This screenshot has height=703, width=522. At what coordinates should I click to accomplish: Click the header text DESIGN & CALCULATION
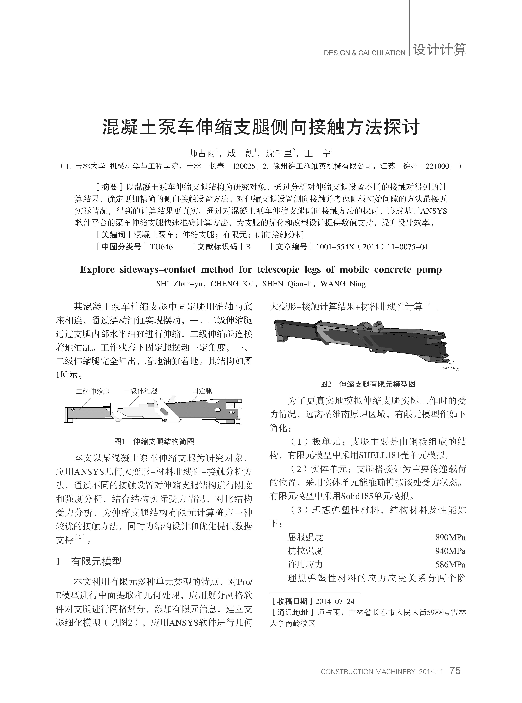[364, 53]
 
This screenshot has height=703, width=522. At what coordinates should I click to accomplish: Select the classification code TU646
[161, 247]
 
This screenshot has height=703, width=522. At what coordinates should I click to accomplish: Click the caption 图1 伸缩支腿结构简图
[154, 441]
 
